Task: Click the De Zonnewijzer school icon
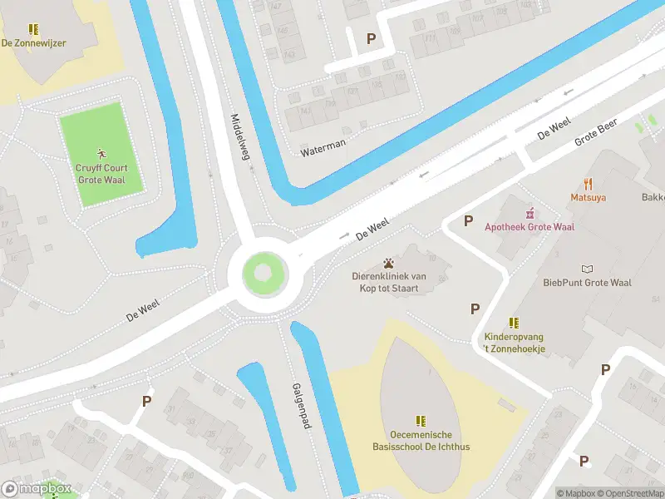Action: click(x=33, y=29)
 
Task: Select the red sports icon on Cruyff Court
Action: click(x=101, y=154)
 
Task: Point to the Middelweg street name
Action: click(x=240, y=141)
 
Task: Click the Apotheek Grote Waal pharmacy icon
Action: click(x=530, y=213)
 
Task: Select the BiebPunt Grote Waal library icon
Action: click(x=588, y=269)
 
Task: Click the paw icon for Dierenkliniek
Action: click(x=388, y=263)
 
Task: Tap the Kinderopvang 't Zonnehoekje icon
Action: click(x=515, y=323)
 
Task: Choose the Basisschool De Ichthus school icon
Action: click(x=421, y=421)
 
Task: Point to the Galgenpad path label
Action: click(x=300, y=406)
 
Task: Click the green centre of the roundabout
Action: click(x=263, y=272)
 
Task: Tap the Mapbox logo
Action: click(x=37, y=488)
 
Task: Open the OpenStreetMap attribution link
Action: click(x=630, y=493)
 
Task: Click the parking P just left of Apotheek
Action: click(x=468, y=221)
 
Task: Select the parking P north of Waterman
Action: click(x=371, y=38)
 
